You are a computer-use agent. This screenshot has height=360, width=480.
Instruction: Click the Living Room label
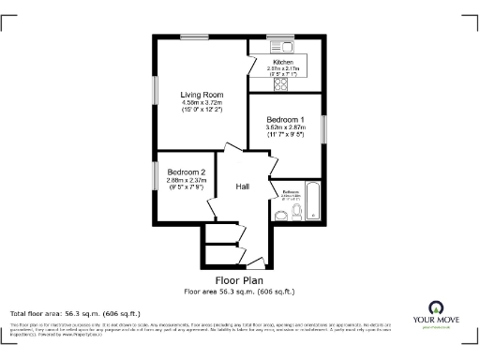[202, 94]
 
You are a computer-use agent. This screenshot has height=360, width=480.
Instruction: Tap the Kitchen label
[283, 62]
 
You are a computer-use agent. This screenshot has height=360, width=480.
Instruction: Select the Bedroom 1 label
[285, 121]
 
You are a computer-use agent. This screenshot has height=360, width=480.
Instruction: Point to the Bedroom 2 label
[187, 172]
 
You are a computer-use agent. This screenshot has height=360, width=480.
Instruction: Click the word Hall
[242, 187]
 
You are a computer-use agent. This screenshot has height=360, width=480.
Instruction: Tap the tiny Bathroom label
[290, 190]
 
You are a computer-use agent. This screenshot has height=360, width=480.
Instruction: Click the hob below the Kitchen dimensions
[280, 83]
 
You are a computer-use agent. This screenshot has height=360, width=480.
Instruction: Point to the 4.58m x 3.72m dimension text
[202, 102]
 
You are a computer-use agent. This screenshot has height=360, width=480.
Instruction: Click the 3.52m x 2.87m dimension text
[285, 129]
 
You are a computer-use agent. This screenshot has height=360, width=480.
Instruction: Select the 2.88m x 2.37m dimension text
[187, 180]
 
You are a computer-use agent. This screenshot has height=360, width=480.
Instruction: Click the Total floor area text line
[75, 313]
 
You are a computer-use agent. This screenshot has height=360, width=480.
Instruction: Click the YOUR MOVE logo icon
[435, 307]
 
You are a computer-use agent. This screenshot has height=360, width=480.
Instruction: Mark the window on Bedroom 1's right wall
[324, 127]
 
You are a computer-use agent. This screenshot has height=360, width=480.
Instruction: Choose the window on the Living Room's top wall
[195, 37]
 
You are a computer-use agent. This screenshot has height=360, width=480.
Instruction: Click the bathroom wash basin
[281, 215]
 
